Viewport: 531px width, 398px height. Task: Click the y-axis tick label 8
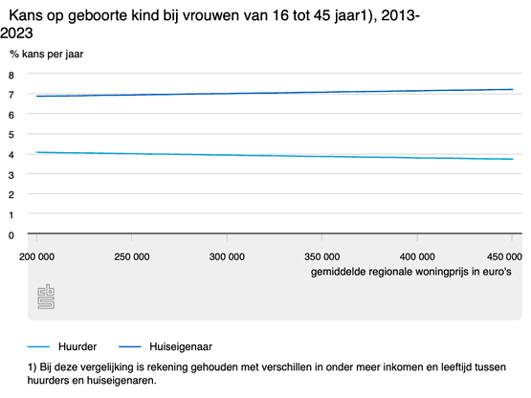(x=11, y=76)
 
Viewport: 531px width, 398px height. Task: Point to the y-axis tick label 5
(x=11, y=135)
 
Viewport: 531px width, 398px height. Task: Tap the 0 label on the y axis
(x=11, y=235)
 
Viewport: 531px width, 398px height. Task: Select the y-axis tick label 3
(x=11, y=175)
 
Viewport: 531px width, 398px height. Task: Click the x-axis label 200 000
(x=36, y=256)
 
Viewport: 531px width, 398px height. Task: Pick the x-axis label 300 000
(x=227, y=256)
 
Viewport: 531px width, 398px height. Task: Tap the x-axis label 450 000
(x=504, y=256)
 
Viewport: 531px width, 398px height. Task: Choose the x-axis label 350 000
(x=322, y=256)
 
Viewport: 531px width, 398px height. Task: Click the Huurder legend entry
(x=62, y=346)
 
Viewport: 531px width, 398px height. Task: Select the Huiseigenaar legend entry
(x=166, y=346)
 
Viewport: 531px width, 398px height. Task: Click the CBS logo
(x=46, y=297)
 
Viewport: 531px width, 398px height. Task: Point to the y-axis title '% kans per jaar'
(x=46, y=55)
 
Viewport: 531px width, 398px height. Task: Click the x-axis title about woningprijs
(x=411, y=272)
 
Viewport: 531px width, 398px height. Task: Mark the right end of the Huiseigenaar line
(x=513, y=89)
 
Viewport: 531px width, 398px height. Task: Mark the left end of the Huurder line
(x=36, y=152)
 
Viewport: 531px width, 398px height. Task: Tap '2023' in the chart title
(x=16, y=33)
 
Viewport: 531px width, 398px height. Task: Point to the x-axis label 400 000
(x=417, y=256)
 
